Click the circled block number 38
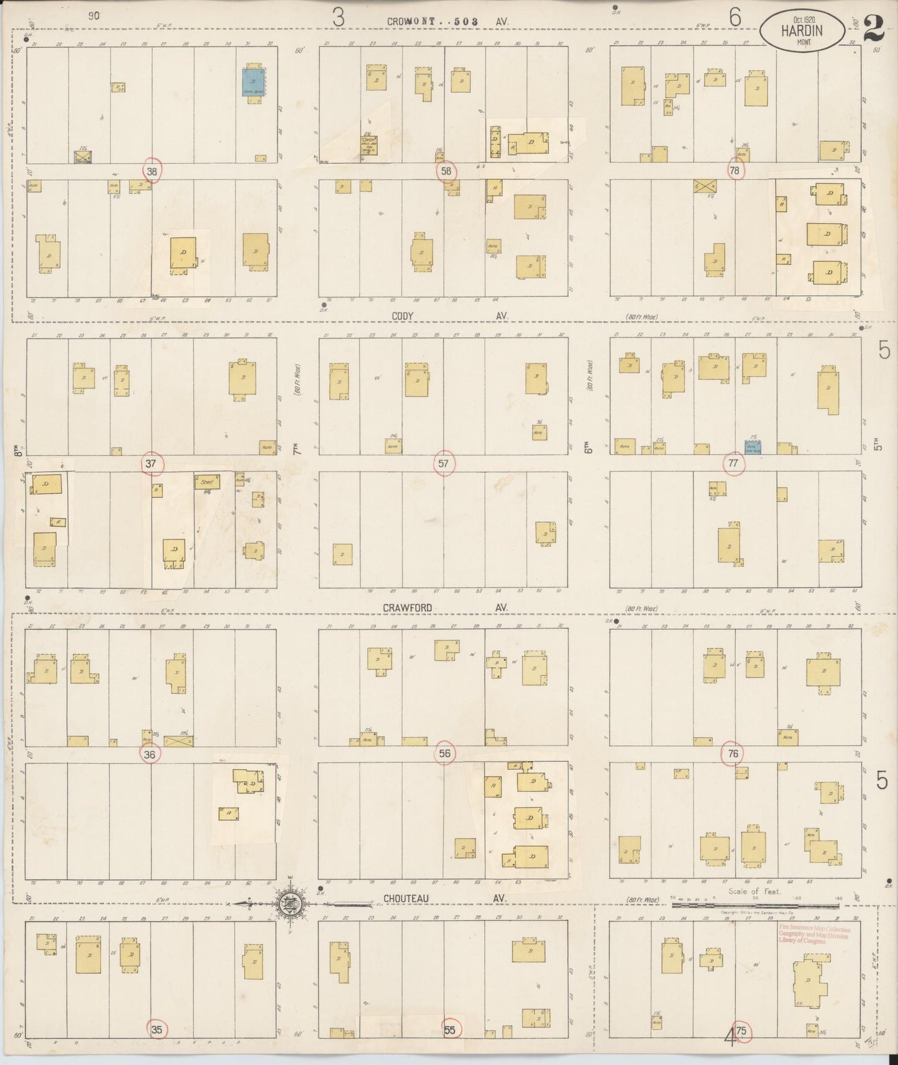(152, 171)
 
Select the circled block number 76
(733, 754)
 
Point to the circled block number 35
(157, 1030)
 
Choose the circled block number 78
(735, 171)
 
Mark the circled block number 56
(444, 754)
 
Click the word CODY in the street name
(403, 316)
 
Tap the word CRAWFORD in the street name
(407, 608)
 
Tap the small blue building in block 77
(753, 447)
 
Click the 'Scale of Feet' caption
(754, 891)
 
